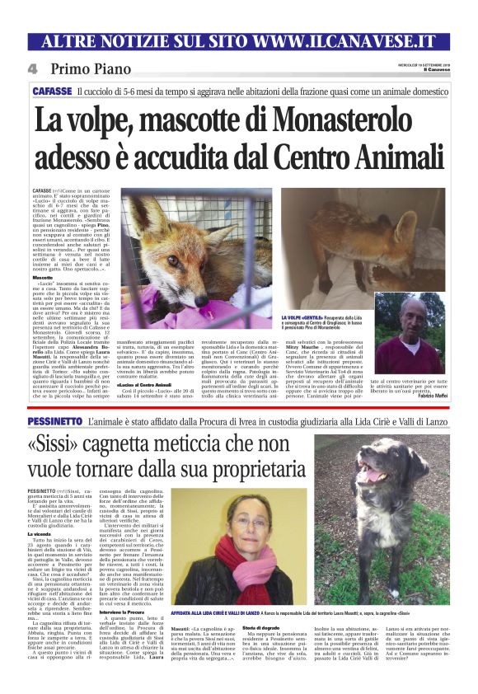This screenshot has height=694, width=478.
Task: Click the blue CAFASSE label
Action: pos(52,91)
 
